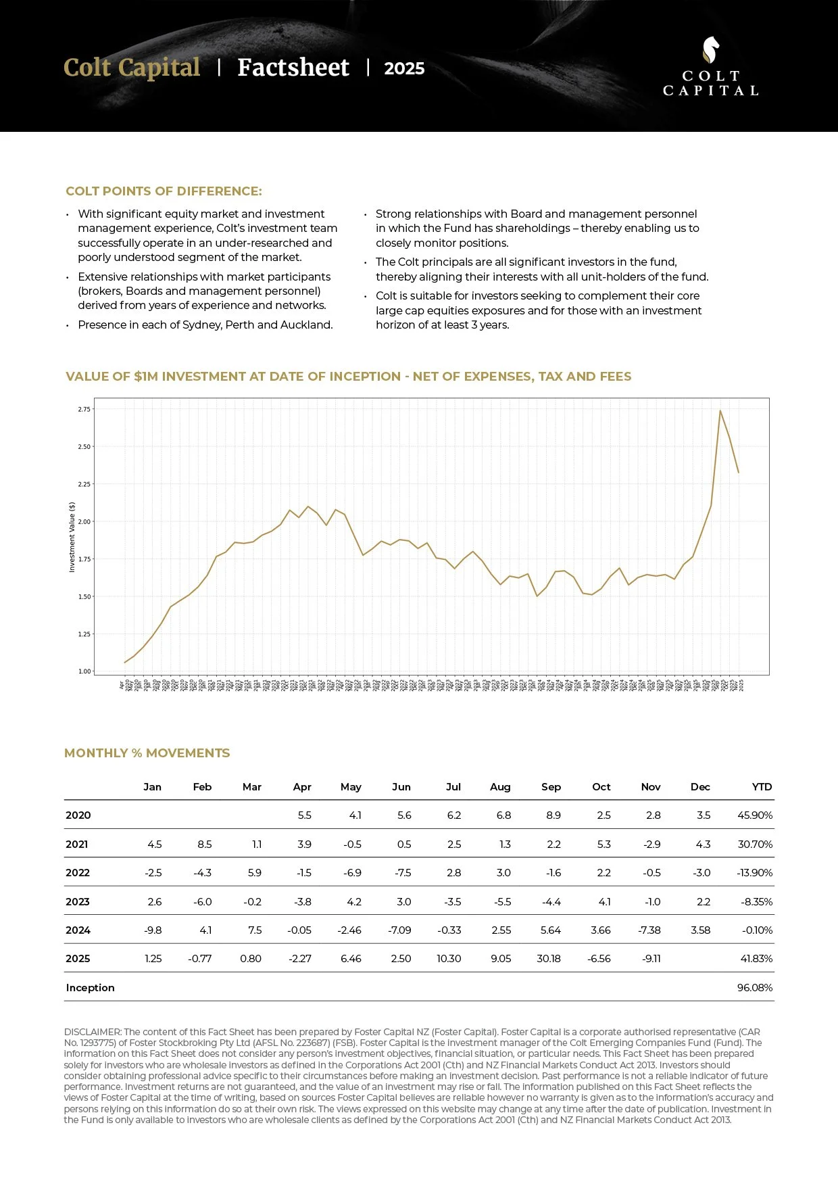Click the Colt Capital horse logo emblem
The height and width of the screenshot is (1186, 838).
coord(710,50)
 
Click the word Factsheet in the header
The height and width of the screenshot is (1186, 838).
coord(293,68)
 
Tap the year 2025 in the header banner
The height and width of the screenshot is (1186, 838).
coord(404,68)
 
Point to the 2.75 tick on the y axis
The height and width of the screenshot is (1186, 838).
coord(84,409)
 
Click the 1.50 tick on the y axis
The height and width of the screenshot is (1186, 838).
coord(84,596)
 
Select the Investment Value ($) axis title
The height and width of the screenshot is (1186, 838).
coord(72,537)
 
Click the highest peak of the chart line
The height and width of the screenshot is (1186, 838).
coord(720,410)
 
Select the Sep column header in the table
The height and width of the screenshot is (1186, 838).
coord(551,786)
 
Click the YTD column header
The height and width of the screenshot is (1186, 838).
coord(762,786)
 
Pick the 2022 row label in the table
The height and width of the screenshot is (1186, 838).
coord(78,872)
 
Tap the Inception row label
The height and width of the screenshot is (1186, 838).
coord(90,987)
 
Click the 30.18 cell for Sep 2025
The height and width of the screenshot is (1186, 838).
coord(549,958)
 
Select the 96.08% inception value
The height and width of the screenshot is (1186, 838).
coord(754,987)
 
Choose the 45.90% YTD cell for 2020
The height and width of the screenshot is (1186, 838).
coord(754,815)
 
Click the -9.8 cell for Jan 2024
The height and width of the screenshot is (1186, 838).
coord(153,930)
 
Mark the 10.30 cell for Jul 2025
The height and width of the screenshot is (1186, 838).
coord(449,958)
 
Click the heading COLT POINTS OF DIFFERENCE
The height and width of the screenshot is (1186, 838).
coord(164,191)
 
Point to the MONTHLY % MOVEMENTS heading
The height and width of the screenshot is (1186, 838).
coord(147,753)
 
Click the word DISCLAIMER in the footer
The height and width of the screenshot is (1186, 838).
coord(92,1032)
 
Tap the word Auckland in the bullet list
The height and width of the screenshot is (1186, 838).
coord(305,325)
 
